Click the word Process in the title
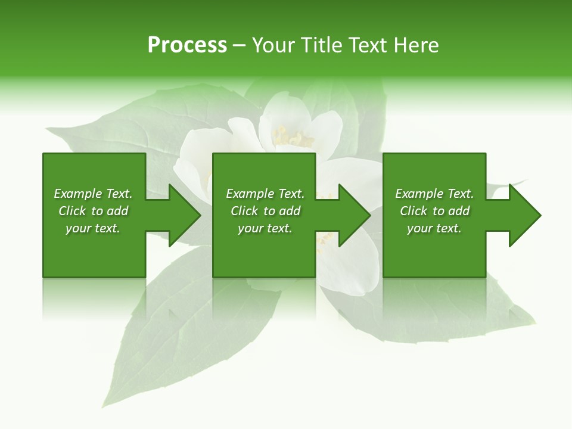click(x=187, y=45)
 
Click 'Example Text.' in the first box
click(x=93, y=194)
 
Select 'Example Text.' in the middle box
click(x=265, y=194)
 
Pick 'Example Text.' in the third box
click(x=434, y=194)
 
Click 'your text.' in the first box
click(x=93, y=228)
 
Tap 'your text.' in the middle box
click(x=265, y=228)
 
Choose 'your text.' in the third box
click(x=434, y=228)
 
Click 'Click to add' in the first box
click(x=93, y=211)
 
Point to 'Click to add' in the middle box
click(x=265, y=211)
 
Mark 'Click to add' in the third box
click(x=434, y=211)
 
